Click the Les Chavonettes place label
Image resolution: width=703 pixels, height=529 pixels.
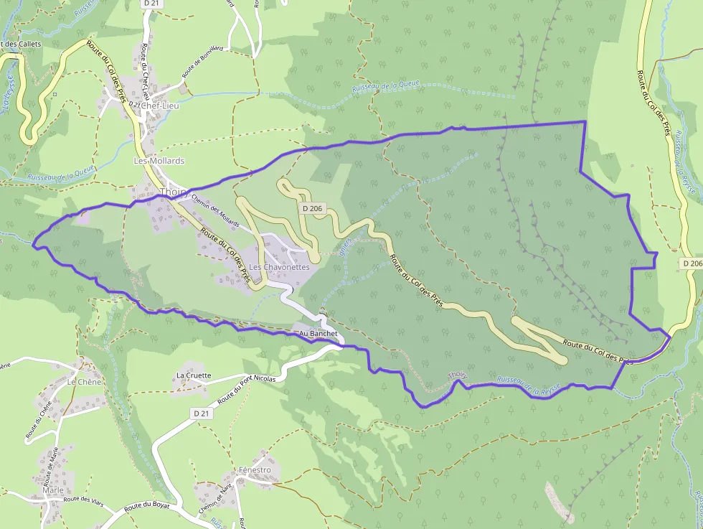[280, 267]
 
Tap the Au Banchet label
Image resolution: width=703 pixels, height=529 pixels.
[318, 334]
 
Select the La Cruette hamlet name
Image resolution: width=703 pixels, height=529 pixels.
[194, 375]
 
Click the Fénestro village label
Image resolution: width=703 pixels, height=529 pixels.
[255, 470]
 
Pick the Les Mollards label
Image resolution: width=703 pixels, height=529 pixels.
[159, 161]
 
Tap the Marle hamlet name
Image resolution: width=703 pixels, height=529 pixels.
[53, 490]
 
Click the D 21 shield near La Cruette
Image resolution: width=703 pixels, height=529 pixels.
[202, 413]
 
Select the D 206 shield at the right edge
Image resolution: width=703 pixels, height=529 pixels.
[691, 264]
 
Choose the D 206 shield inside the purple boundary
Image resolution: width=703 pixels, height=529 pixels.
[312, 208]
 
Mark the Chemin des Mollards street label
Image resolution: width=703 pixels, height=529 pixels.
[216, 212]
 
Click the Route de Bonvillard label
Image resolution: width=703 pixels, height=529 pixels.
[203, 62]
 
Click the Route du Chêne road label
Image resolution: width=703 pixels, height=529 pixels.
[39, 421]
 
